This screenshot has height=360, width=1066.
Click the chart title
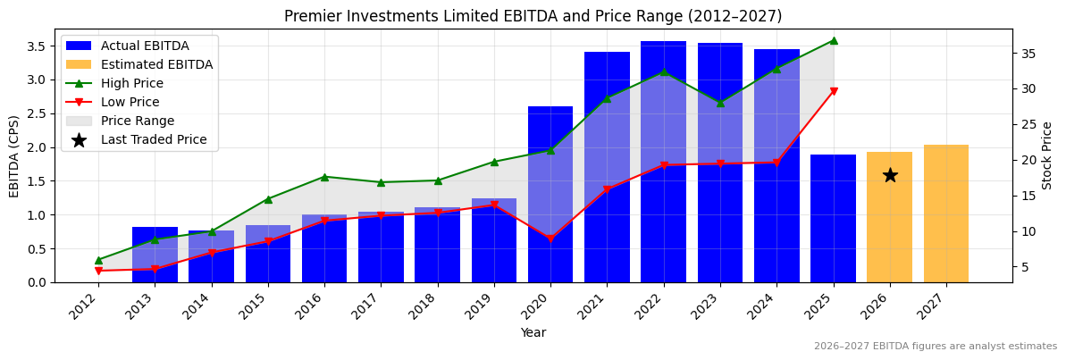point(533,16)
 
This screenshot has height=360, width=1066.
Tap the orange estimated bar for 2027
point(946,213)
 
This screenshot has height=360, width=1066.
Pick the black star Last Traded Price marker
point(890,175)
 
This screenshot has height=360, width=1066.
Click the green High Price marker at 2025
point(833,40)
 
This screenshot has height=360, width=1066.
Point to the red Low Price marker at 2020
point(550,239)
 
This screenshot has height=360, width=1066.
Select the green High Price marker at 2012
point(98,260)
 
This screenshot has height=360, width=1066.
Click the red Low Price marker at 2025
point(833,91)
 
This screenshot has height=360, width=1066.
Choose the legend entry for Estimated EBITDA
point(156,64)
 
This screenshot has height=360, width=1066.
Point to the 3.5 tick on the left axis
point(38,46)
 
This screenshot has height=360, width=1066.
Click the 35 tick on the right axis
point(1028,54)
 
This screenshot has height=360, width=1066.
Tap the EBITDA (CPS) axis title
point(14,155)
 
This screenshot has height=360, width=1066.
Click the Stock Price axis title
point(1047,155)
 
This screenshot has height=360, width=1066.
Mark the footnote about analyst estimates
point(935,347)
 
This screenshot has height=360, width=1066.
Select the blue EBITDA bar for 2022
point(664,162)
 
